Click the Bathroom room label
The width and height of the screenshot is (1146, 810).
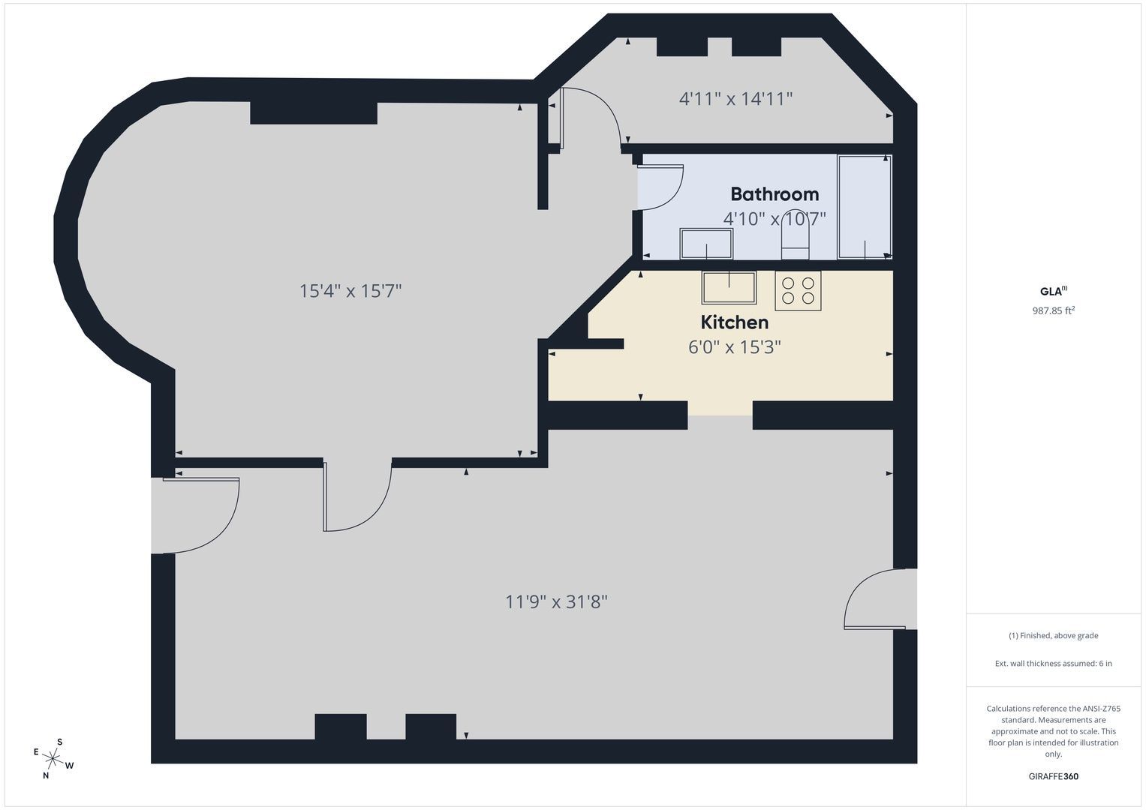point(775,194)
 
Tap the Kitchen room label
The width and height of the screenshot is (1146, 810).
point(734,322)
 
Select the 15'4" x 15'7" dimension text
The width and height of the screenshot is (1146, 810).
point(350,291)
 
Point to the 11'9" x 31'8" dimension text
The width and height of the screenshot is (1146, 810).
point(556,601)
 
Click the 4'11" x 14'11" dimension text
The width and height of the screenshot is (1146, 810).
point(735,98)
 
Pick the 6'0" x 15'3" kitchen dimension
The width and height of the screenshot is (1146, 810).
point(735,347)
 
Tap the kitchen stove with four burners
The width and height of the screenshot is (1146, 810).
point(798,290)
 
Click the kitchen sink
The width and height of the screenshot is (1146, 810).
point(729,288)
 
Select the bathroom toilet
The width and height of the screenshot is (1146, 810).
point(795,235)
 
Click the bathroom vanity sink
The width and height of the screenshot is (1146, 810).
point(706,244)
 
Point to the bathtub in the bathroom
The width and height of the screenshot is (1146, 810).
point(865,206)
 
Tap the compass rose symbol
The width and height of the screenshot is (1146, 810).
point(53,758)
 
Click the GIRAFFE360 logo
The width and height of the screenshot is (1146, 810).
point(1054,776)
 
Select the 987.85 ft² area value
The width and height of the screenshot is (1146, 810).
point(1054,310)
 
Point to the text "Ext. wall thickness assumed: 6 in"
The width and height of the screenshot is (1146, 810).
point(1054,663)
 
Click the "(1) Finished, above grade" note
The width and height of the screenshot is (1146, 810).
point(1054,636)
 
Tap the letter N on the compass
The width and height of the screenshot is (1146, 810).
point(46,775)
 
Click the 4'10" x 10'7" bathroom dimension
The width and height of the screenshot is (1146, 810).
point(775,219)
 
